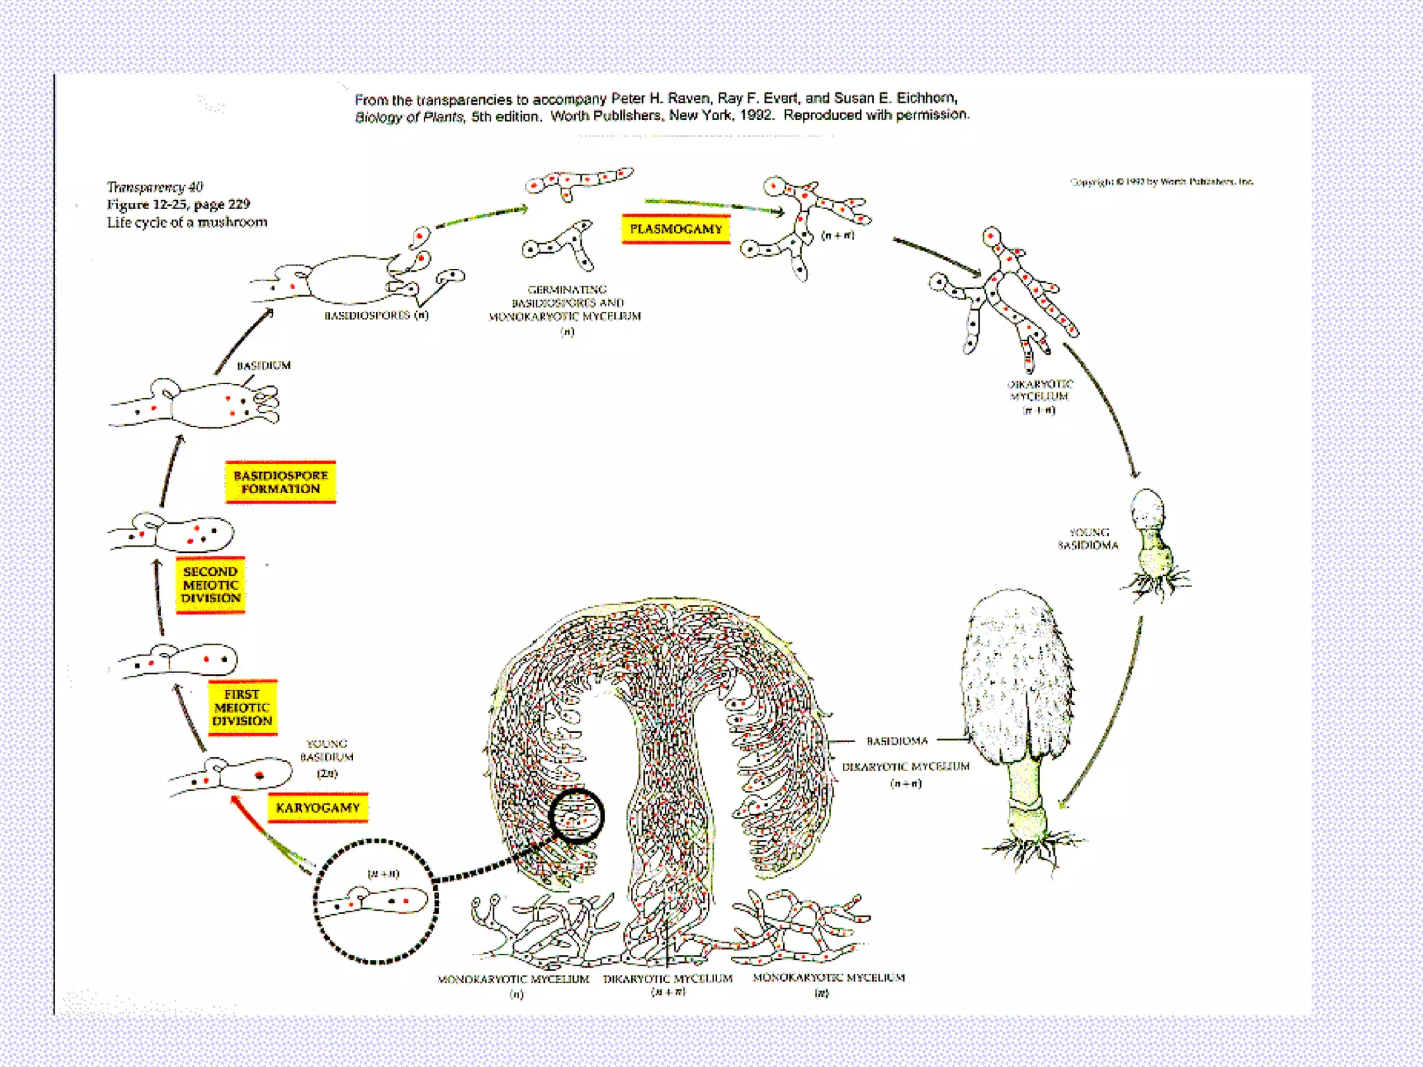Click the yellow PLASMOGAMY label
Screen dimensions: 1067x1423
[x=675, y=229]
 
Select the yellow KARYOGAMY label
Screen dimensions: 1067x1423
[x=318, y=808]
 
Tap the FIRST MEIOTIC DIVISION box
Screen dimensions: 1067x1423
[x=242, y=708]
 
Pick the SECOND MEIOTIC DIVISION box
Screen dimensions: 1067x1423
[x=211, y=585]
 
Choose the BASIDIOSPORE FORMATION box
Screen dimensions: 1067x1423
[x=281, y=482]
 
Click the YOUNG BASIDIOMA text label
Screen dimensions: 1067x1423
[x=1088, y=539]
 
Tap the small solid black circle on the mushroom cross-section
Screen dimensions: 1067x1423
[x=576, y=816]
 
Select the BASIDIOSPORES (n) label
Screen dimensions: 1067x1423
[x=377, y=315]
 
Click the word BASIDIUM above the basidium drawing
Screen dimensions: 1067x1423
[x=264, y=365]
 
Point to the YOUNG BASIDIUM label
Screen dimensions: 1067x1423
[x=327, y=751]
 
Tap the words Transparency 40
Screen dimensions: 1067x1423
[x=155, y=187]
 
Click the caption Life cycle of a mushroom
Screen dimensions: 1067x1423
[x=187, y=222]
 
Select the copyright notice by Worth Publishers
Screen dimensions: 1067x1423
[x=1162, y=182]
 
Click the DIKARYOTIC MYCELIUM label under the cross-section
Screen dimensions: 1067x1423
[x=668, y=979]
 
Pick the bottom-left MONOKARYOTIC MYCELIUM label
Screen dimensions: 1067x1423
[x=513, y=979]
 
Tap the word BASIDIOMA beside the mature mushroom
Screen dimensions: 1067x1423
[x=897, y=741]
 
